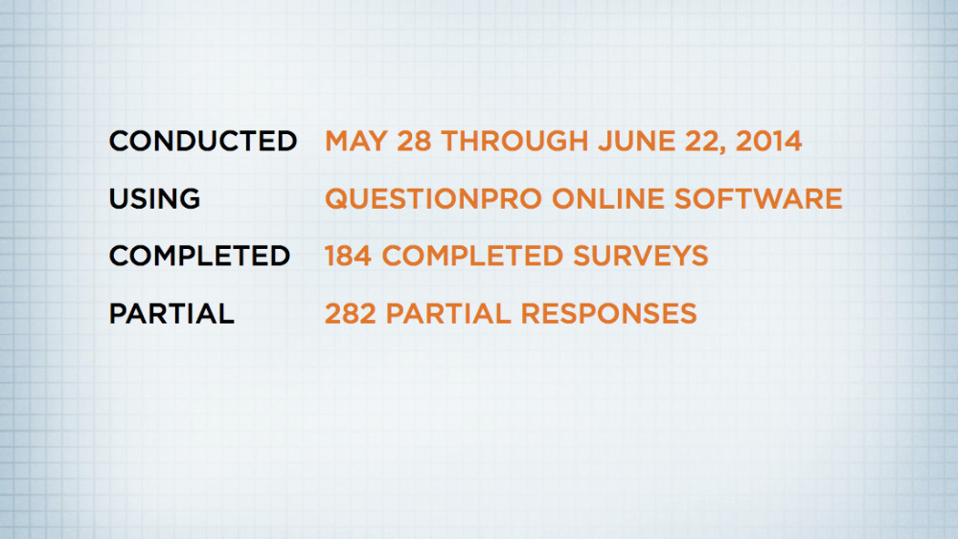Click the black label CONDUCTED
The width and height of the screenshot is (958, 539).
pos(203,141)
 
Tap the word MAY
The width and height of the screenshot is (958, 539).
pos(355,141)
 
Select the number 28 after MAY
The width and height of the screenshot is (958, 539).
pos(414,141)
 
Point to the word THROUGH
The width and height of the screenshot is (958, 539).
pos(514,141)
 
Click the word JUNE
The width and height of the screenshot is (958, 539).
pos(636,141)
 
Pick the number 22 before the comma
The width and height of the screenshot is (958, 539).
pos(702,141)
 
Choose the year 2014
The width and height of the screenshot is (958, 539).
pos(768,141)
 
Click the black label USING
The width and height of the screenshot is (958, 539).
pos(154,198)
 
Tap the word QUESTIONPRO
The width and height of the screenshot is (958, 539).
pos(433,198)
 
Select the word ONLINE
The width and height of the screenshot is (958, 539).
pos(608,198)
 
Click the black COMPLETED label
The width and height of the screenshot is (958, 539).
pos(199,256)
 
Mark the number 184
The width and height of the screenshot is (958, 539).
pos(348,256)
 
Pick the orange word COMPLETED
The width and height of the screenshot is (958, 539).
pos(472,256)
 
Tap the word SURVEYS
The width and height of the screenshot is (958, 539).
pos(640,256)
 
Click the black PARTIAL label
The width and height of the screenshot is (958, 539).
pos(171,313)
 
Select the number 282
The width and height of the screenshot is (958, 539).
pos(350,313)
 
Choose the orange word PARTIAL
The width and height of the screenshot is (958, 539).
pos(448,313)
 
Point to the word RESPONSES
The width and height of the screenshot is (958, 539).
pos(608,313)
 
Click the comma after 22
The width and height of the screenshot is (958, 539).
pos(725,150)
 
